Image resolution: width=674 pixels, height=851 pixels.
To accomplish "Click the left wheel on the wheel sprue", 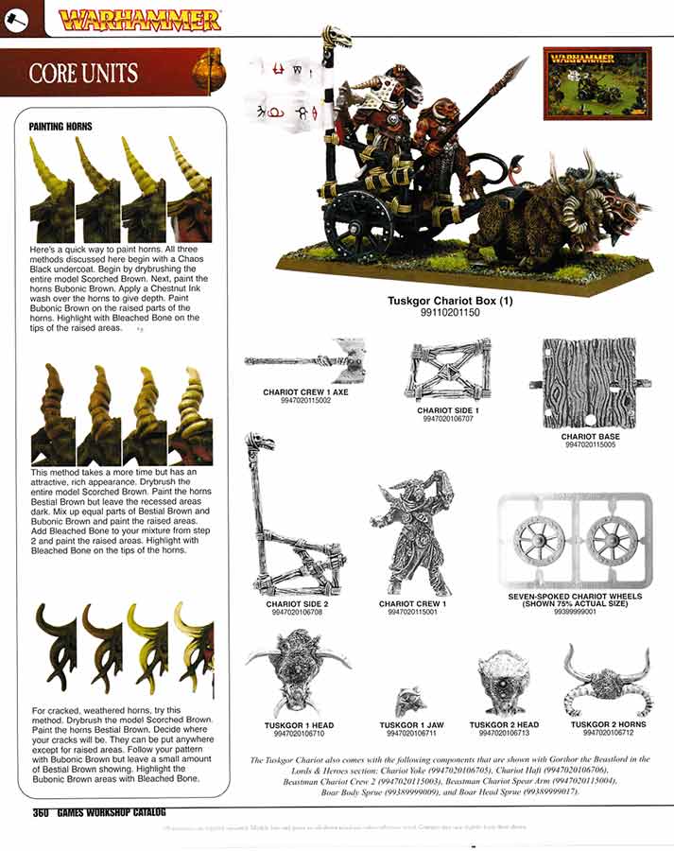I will pos(539,540).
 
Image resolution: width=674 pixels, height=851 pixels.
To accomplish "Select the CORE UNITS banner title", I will pos(83,73).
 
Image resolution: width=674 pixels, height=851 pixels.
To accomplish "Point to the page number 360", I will pos(40,812).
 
